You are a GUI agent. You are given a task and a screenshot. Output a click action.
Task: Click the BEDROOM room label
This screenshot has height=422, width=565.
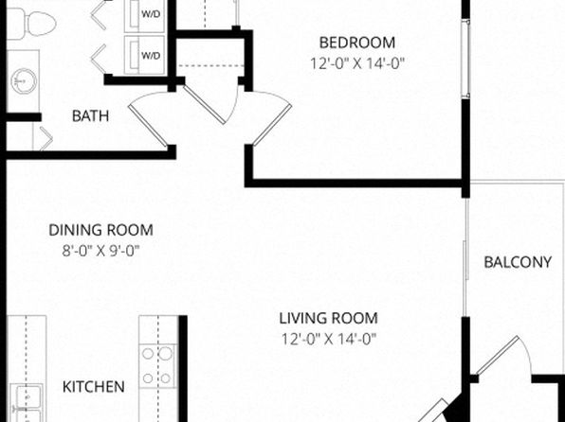357,43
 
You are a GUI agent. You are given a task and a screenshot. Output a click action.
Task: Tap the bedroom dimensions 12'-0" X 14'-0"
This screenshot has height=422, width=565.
357,63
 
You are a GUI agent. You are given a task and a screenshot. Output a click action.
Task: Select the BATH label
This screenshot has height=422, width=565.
90,116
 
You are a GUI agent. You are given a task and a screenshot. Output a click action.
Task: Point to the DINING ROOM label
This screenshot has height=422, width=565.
100,230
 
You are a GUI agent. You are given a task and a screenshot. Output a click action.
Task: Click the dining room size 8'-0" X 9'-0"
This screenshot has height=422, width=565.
100,251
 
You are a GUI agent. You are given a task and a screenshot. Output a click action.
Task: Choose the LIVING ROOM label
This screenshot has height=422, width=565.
329,318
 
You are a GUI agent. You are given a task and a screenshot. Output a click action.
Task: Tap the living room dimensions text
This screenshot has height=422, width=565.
329,339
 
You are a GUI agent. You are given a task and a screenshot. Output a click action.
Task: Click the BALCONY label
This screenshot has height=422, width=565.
518,262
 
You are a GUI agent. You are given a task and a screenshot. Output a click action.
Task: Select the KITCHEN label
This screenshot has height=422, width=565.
94,387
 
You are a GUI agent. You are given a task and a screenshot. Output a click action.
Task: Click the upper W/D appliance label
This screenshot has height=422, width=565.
151,14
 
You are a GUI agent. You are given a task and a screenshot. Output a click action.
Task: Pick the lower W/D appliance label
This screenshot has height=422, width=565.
151,56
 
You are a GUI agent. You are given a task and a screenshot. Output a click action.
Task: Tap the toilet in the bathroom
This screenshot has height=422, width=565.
31,24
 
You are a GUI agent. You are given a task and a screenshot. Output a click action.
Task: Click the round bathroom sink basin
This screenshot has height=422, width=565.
24,81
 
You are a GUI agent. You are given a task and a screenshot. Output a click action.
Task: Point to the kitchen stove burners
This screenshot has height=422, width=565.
157,366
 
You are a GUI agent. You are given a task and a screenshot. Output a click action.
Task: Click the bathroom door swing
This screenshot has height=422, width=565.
148,118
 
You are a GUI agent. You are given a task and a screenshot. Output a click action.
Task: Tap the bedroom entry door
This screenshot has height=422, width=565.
271,118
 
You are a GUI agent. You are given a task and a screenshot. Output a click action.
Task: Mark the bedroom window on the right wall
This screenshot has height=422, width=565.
466,59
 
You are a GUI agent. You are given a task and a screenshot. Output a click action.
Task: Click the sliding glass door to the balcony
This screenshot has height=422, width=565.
465,257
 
